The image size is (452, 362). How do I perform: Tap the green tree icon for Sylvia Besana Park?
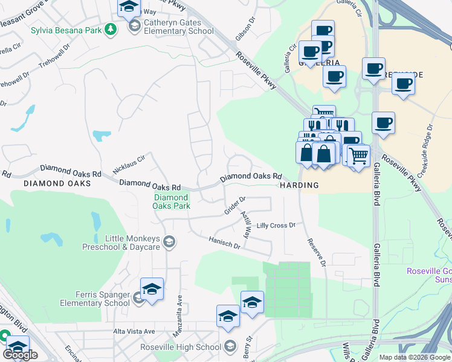pos(110,30)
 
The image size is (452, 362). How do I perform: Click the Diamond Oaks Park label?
pos(172,202)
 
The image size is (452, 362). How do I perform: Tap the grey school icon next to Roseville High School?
pos(230,346)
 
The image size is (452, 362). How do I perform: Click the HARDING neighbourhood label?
pos(299,186)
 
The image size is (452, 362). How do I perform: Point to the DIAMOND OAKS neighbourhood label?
pos(57,183)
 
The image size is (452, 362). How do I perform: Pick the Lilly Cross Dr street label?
pos(276,225)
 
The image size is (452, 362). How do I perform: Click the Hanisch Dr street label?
pos(224,243)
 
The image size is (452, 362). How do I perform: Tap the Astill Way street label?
pos(246,224)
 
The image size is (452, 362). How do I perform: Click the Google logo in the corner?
pos(21,354)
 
